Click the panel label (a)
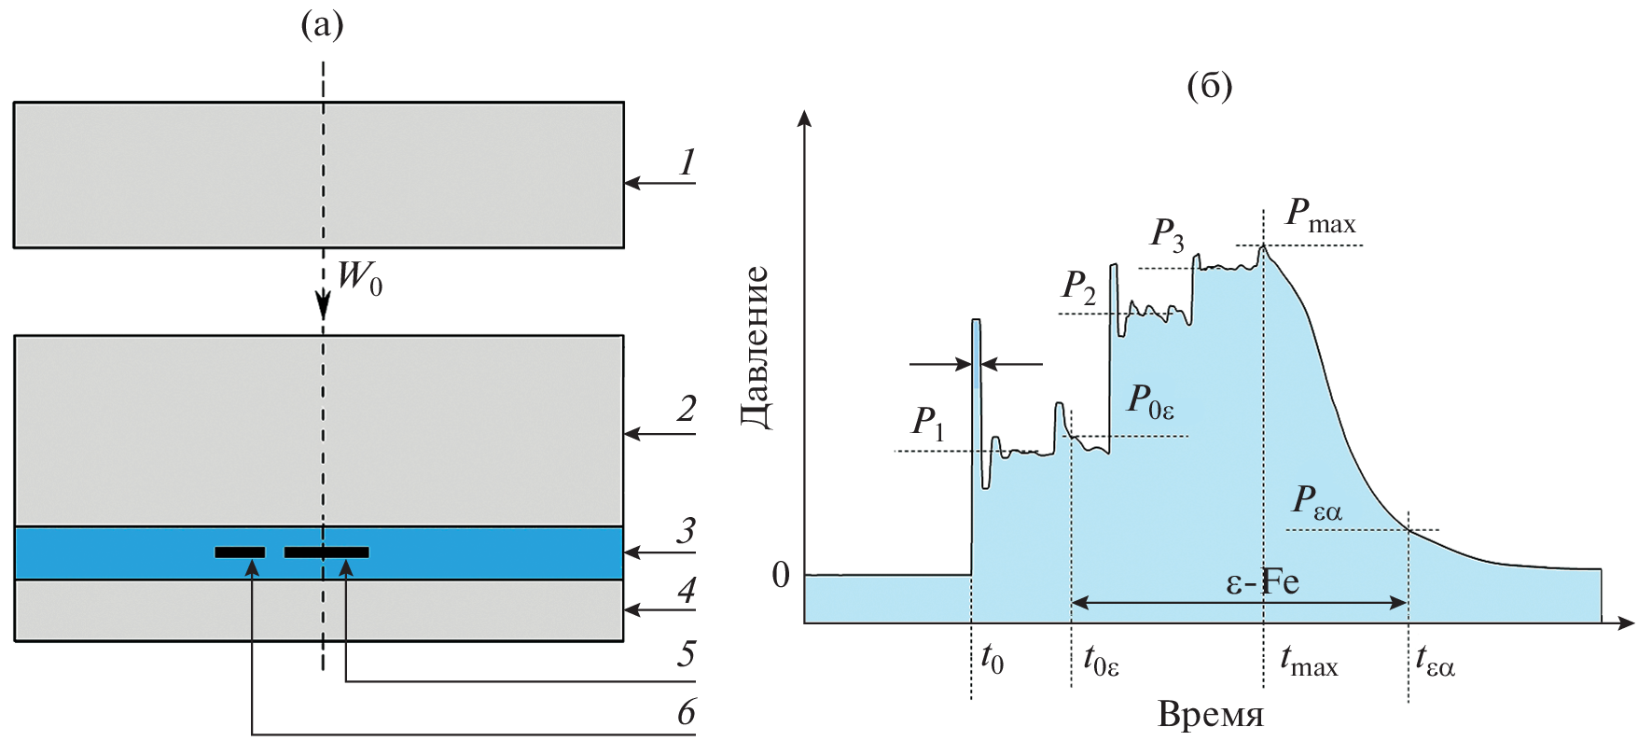[322, 25]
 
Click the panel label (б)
[1209, 86]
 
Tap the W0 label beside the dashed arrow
[360, 277]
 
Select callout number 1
[687, 162]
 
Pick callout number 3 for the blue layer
[687, 530]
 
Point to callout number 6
[687, 712]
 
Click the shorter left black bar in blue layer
[240, 552]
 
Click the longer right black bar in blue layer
[326, 552]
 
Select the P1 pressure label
[928, 423]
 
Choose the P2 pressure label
[1078, 287]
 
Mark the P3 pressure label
[1167, 234]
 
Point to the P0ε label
[1150, 400]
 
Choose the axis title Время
[1210, 714]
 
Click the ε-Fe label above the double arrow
[1261, 582]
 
